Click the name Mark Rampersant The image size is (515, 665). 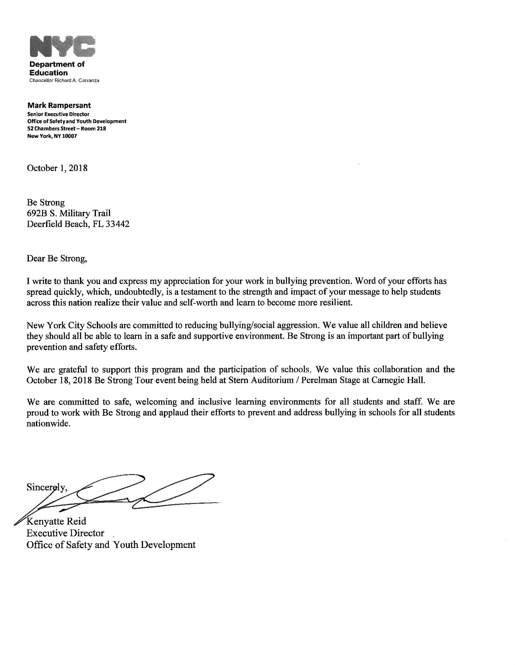pos(59,106)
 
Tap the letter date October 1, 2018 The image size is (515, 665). pos(57,168)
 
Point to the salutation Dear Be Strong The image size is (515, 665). pos(57,258)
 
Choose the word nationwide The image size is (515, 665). pos(48,424)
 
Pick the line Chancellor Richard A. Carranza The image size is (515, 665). pos(64,81)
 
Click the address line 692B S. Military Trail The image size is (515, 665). pos(69,213)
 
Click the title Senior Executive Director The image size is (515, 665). pos(58,114)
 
